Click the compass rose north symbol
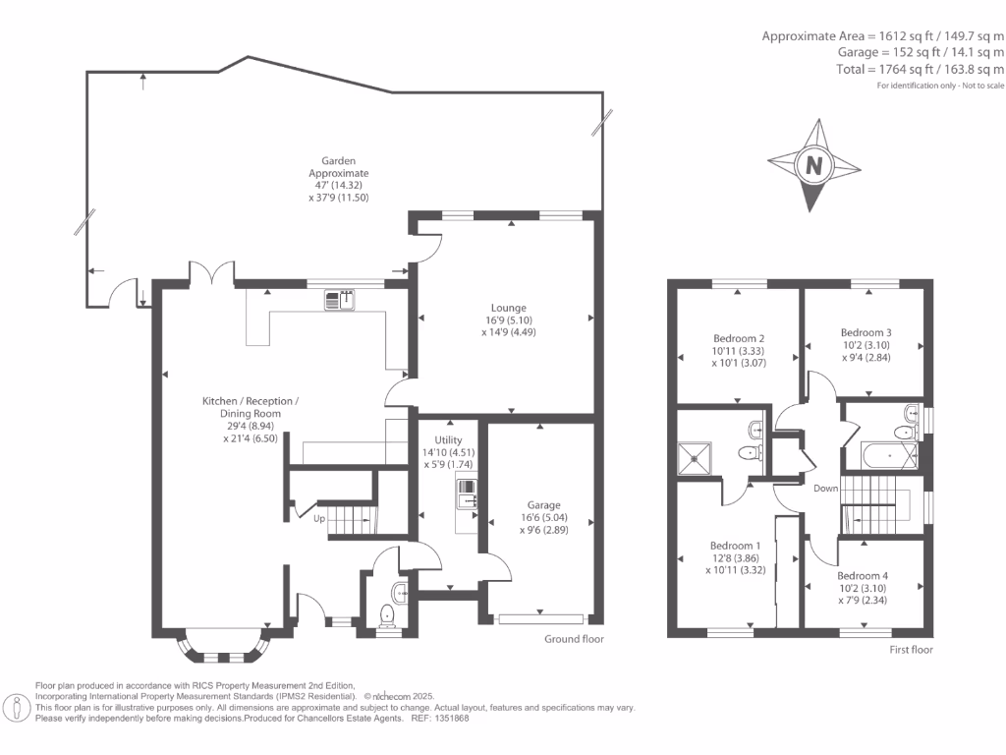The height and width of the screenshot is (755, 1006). click(x=813, y=165)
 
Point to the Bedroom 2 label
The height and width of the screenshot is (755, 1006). click(x=740, y=350)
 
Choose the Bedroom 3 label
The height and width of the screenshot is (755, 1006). click(x=866, y=345)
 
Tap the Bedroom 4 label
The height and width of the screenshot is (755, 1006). click(x=863, y=588)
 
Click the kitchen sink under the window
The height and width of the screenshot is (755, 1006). click(x=341, y=300)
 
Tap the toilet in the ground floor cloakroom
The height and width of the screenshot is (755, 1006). click(x=387, y=615)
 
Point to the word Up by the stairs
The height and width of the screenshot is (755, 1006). click(x=319, y=518)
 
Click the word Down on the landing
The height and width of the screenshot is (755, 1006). click(x=825, y=489)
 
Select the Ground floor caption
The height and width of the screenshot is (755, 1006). click(x=575, y=639)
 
